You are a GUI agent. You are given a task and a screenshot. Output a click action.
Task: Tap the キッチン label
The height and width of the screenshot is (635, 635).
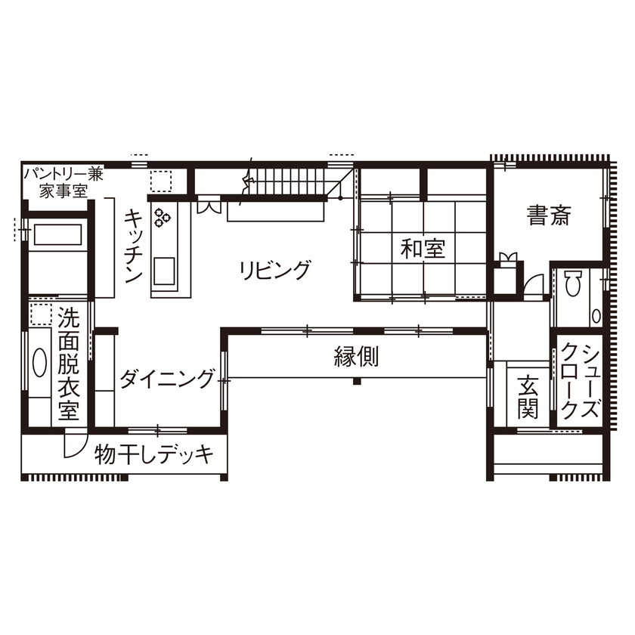[133, 245]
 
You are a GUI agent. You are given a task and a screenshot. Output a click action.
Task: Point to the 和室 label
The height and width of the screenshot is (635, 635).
[423, 249]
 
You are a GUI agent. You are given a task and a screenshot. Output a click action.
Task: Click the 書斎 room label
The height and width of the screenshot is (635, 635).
[549, 217]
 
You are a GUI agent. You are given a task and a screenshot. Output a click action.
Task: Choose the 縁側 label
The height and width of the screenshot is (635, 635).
[356, 357]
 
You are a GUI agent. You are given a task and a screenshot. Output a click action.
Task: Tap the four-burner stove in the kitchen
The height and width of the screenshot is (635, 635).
[163, 218]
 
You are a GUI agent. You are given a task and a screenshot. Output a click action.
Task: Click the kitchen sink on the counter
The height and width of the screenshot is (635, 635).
[164, 269]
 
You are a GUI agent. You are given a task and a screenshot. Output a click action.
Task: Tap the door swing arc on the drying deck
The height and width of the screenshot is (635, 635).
[75, 443]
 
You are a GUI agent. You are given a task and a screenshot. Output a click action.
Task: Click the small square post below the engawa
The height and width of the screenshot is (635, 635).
[356, 380]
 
